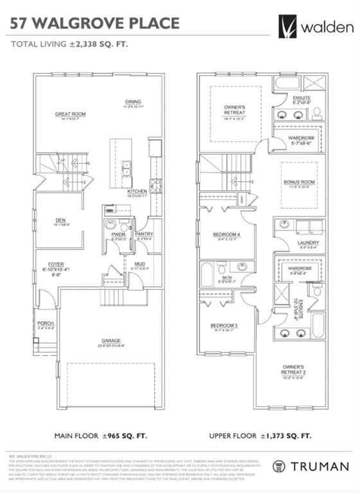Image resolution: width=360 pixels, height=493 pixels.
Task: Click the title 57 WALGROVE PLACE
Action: coord(95,24)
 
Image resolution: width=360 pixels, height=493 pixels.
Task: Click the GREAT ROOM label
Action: coord(70,114)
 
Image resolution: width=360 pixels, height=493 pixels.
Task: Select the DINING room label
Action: coord(133,101)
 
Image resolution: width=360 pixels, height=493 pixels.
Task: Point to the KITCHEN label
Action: coord(137,191)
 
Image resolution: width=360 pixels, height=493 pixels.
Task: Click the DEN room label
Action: coord(61,220)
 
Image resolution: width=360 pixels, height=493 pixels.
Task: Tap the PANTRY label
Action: coord(144,234)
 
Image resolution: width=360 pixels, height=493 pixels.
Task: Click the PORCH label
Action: coord(46,323)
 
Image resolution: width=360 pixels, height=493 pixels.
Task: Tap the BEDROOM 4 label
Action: coord(226,235)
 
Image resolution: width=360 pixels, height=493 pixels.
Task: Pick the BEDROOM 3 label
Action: coord(224,326)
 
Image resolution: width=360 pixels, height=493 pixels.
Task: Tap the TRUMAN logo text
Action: coord(319,467)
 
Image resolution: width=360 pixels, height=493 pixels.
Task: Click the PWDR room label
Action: coord(118,235)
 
